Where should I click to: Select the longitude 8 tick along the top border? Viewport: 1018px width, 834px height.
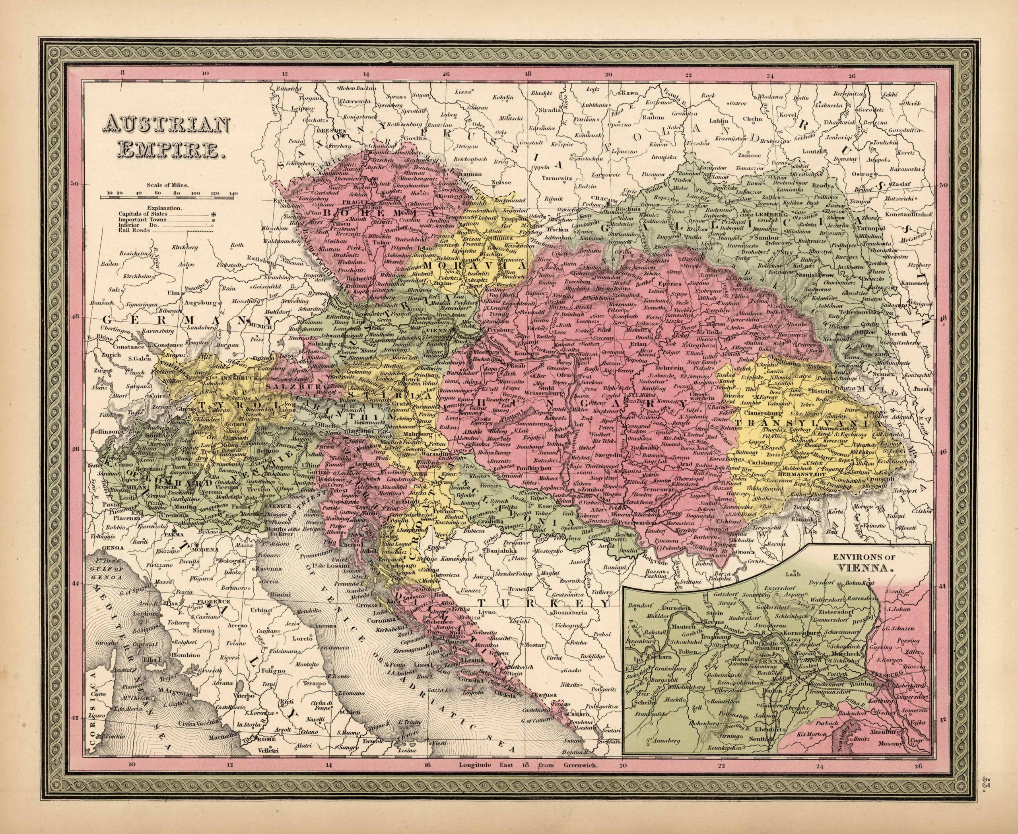pos(123,74)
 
